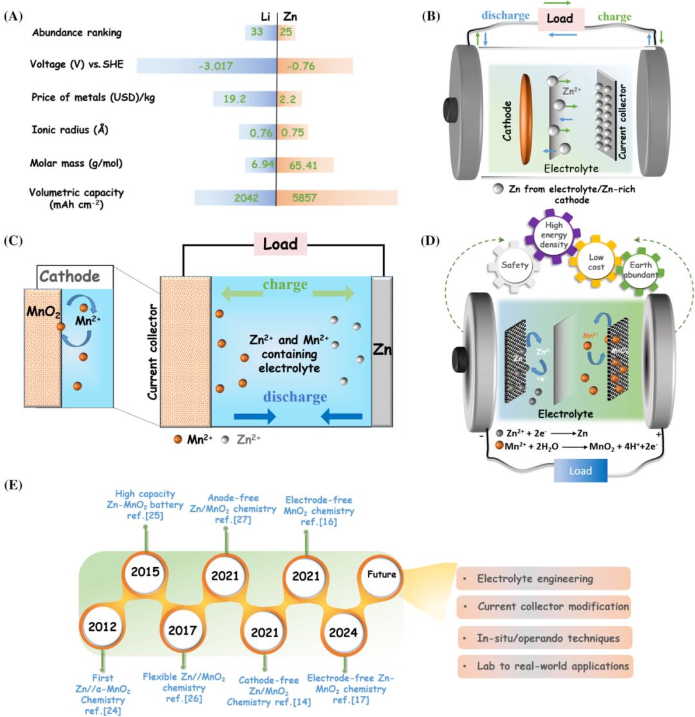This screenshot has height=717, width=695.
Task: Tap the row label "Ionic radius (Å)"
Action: tap(70, 130)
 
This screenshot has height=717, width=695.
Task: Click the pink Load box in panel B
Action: tap(559, 19)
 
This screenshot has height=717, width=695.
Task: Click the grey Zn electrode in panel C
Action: tap(381, 351)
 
